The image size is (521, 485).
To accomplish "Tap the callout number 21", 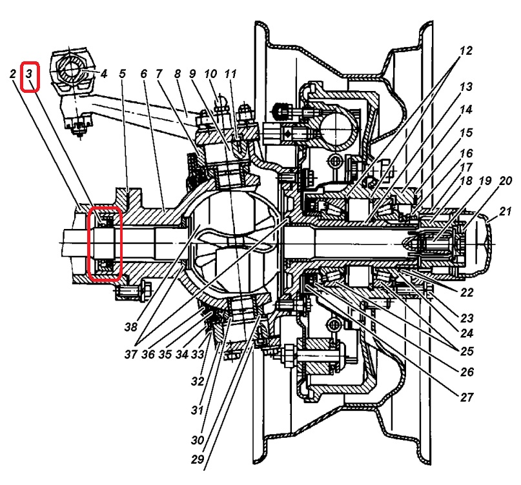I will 504,211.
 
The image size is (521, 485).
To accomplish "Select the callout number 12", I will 467,51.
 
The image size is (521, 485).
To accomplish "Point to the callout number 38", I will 132,327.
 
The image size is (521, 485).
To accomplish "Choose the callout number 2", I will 13,75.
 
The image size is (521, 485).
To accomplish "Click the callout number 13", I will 467,86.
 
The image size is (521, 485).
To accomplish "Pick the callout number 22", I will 467,292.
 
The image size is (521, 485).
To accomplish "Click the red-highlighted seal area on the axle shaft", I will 105,244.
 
